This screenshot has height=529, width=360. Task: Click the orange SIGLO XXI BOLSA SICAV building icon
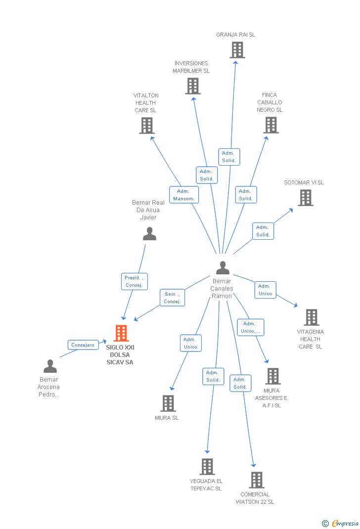pos(121,333)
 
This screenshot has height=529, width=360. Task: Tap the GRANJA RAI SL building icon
pos(237,50)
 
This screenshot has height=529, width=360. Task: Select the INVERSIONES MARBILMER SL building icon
pos(193,86)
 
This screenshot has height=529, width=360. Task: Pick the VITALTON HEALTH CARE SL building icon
pos(147,126)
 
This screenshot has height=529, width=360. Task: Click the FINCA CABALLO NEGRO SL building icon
pos(271,125)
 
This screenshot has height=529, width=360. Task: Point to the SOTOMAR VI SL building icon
pos(306,198)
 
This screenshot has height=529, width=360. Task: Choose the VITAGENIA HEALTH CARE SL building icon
pos(312,317)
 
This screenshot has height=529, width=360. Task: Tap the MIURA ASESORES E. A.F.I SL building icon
pos(273,376)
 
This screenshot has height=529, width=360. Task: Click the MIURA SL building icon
pos(168,403)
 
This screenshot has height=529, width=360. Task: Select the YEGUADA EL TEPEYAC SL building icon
pos(207,466)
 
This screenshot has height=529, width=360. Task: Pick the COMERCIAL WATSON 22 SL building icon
pos(257,480)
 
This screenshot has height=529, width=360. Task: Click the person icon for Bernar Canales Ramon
pos(223,268)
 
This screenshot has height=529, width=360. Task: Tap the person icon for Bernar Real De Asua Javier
pos(149,234)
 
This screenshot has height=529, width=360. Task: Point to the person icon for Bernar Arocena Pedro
pos(50,366)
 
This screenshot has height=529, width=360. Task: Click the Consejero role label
pos(83,345)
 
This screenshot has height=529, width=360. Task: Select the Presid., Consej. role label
pos(134,281)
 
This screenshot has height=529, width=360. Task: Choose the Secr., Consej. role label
pos(172,298)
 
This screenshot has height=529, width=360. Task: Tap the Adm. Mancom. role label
pos(184,195)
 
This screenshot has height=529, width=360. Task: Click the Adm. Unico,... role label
pos(250,327)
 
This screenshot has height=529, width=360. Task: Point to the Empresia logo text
pos(345,523)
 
